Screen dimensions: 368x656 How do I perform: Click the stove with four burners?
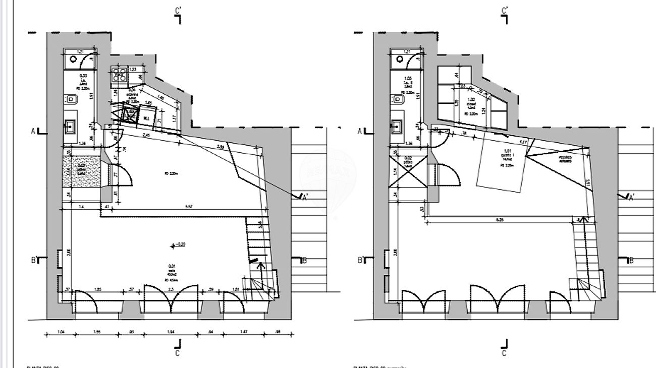pyautogui.click(x=120, y=76)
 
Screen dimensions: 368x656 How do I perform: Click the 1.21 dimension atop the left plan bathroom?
pyautogui.click(x=79, y=52)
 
